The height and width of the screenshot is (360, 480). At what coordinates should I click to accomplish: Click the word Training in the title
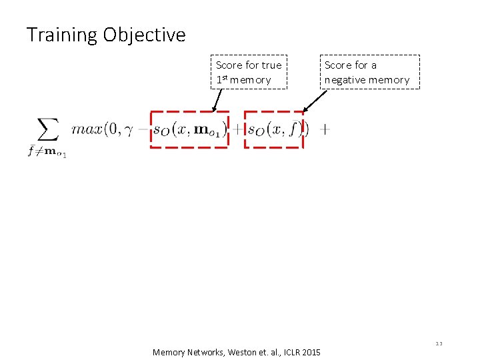coord(62,35)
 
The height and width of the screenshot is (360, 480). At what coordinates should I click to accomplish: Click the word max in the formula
coord(85,129)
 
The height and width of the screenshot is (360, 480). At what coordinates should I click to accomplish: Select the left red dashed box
coord(190,129)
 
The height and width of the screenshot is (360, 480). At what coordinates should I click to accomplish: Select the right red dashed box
coord(273,129)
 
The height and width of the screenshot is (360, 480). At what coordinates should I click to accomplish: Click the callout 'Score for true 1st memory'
coord(249,72)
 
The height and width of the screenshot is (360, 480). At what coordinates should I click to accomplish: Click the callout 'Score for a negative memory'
coord(369,72)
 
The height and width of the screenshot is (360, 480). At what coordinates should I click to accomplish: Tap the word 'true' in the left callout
coord(271,65)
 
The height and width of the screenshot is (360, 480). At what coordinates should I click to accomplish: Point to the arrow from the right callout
coord(315,101)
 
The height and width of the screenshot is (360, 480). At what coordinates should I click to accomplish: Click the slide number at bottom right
coord(439,343)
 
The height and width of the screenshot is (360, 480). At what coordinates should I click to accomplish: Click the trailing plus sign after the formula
coord(325,130)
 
